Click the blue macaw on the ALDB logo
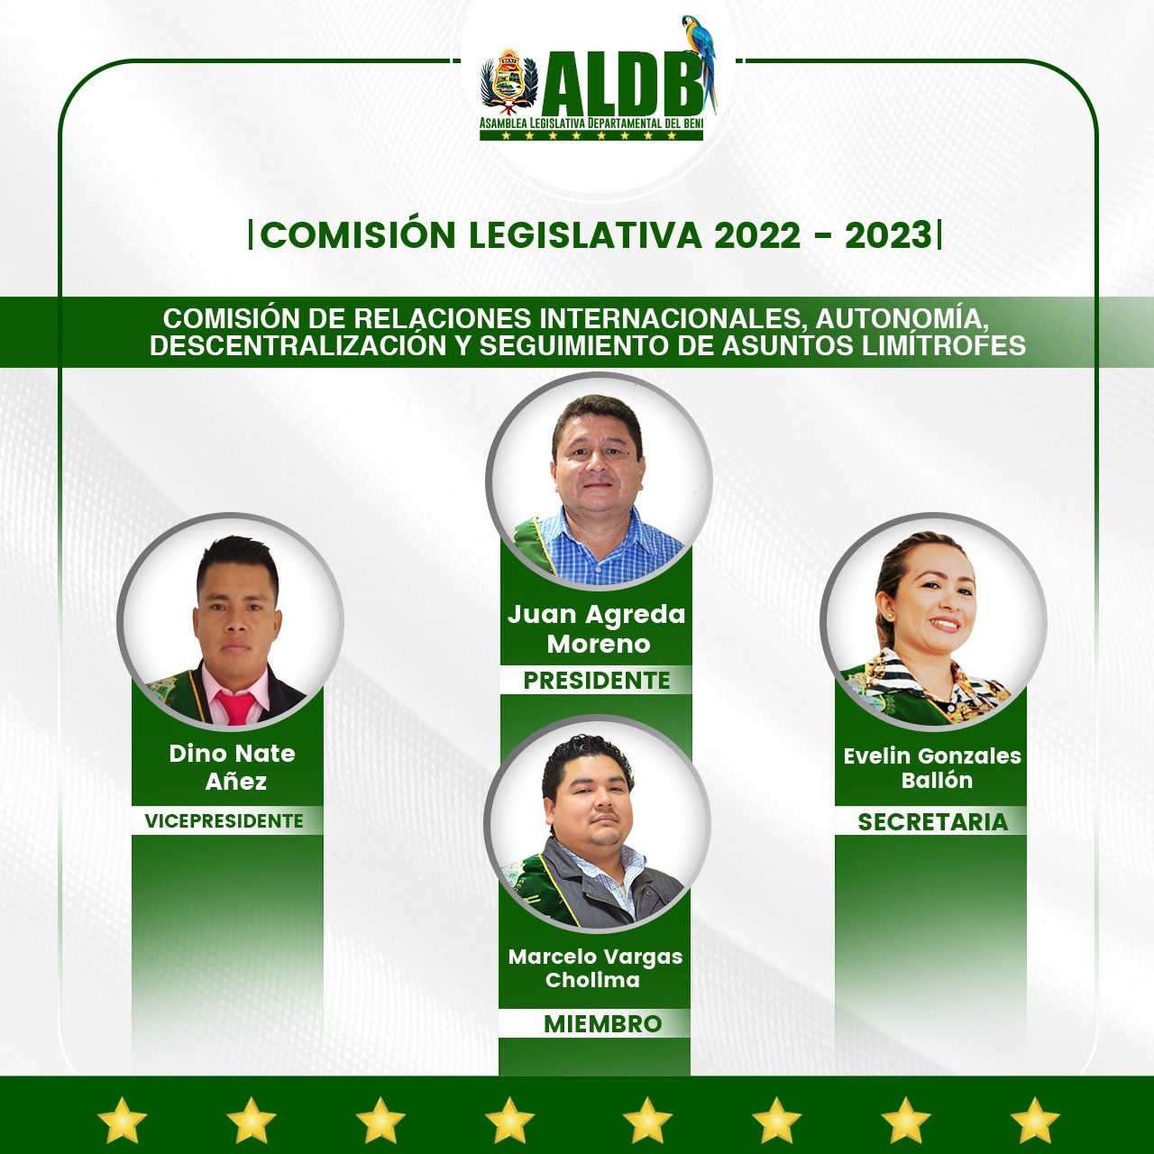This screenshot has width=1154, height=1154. point(701,60)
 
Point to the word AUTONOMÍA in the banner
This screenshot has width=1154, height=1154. point(902,319)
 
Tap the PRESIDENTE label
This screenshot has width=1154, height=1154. point(597,681)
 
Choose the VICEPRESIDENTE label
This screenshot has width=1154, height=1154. point(224,821)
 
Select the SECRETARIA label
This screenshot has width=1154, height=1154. point(933,822)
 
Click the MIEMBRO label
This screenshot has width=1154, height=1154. point(602,1024)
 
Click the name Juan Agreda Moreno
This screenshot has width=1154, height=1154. point(597,628)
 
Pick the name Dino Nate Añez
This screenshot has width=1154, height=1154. point(233,767)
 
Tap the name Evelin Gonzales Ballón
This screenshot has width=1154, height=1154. point(932,768)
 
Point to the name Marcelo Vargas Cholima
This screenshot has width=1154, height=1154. point(595,968)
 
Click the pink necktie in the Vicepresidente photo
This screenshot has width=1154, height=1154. point(236,707)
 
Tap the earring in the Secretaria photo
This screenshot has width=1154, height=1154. point(890,616)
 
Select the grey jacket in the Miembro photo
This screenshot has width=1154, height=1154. point(605,885)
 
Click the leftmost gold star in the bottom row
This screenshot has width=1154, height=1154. point(123,1119)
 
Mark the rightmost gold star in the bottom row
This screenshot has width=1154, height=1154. point(1035,1119)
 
